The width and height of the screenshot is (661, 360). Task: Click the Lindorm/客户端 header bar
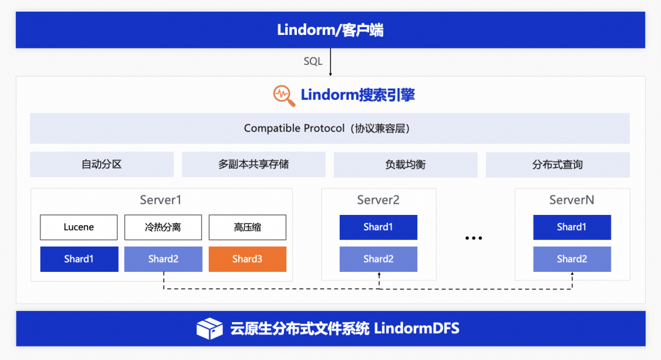tap(330, 29)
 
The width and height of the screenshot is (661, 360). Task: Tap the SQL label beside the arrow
tap(313, 61)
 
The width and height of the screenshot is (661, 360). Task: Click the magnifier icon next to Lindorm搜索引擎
tap(283, 95)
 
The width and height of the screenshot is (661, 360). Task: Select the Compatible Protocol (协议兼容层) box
tap(330, 128)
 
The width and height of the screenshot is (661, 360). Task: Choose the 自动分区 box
tap(102, 165)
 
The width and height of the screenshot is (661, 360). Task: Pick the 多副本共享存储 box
tap(253, 165)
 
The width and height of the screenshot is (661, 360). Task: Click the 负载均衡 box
tap(405, 165)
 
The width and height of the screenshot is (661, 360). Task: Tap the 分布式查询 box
tap(558, 165)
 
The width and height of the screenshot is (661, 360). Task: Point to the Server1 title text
tap(160, 200)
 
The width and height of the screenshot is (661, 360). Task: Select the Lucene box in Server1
tap(79, 227)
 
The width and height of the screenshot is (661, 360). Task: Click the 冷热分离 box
tap(163, 227)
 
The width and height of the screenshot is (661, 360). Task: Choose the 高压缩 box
tap(247, 227)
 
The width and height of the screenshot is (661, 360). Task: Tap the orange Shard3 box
tap(247, 259)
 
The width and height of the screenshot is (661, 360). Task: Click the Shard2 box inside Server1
tap(163, 259)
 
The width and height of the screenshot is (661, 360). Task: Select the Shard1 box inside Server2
tap(378, 227)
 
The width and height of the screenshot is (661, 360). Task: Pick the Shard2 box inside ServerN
tap(572, 259)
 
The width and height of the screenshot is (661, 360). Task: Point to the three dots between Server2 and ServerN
tap(474, 238)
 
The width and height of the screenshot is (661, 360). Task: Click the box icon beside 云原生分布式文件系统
tap(209, 328)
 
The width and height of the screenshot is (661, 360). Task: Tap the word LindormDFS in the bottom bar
tap(416, 328)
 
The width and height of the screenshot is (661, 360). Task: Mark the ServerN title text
tap(572, 200)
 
